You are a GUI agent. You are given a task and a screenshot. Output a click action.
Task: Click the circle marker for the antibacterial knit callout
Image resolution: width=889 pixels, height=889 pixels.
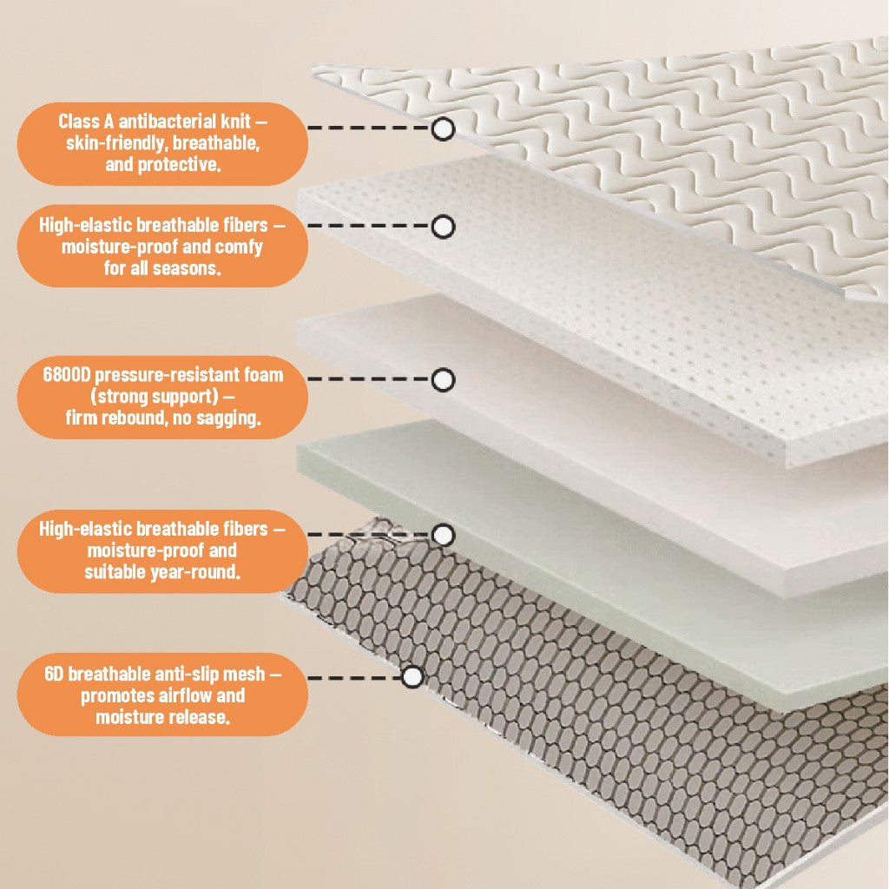pyautogui.click(x=443, y=129)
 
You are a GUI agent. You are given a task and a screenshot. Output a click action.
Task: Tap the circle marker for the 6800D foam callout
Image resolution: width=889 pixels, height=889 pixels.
pyautogui.click(x=443, y=379)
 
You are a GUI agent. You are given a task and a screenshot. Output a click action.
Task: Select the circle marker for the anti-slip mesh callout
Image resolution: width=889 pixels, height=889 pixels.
pyautogui.click(x=413, y=676)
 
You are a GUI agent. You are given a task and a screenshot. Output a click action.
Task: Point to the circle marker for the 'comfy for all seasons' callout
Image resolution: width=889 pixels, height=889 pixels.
pyautogui.click(x=443, y=227)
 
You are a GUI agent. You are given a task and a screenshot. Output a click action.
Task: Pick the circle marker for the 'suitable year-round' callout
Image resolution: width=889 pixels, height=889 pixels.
pyautogui.click(x=443, y=535)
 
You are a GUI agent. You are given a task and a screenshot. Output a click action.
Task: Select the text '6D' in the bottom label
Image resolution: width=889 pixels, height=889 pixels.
pyautogui.click(x=53, y=674)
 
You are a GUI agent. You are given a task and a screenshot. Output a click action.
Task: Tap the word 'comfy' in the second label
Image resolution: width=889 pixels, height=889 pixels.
pyautogui.click(x=235, y=247)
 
